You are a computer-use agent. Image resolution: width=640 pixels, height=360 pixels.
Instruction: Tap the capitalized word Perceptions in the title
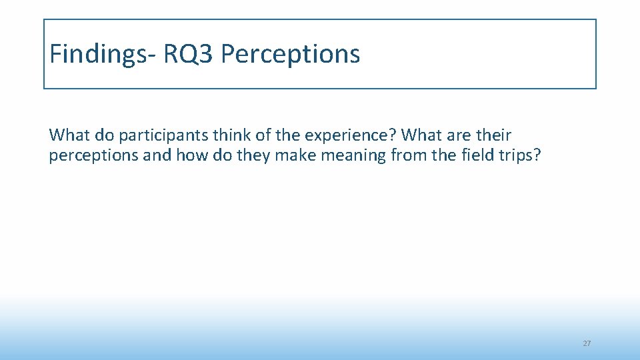(x=290, y=54)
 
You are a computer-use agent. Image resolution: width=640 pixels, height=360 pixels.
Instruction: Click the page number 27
(x=587, y=343)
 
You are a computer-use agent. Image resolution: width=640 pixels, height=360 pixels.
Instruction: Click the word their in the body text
(x=494, y=135)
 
